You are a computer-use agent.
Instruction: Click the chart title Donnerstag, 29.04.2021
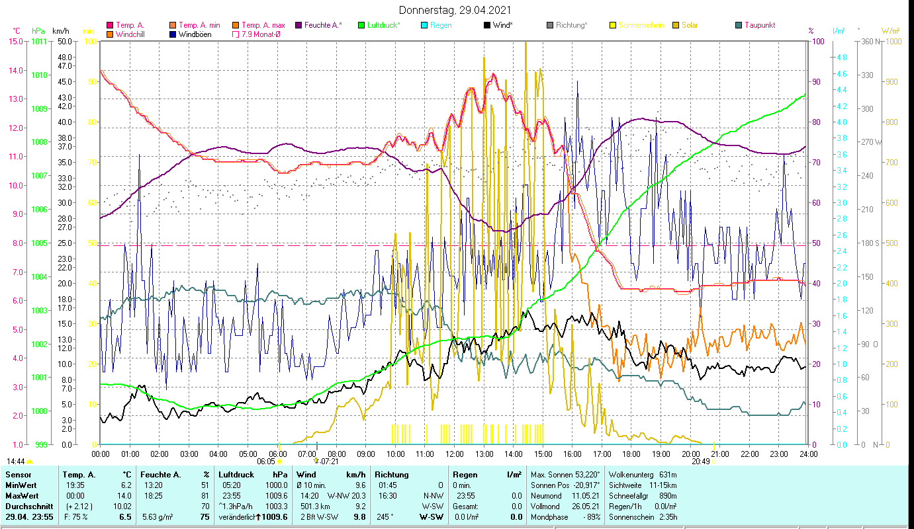(455, 11)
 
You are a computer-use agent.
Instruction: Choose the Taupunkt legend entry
(759, 25)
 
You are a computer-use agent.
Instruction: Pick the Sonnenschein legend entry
(641, 25)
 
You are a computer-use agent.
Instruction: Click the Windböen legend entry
(195, 34)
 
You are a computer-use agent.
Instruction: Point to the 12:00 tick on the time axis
(454, 454)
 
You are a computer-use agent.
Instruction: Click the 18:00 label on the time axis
(631, 454)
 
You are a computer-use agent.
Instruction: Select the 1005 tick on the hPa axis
(39, 243)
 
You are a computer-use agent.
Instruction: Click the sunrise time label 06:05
(266, 462)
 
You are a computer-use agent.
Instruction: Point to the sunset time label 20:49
(701, 462)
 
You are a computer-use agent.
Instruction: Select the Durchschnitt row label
(26, 506)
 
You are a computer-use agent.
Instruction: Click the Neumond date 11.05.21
(586, 495)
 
